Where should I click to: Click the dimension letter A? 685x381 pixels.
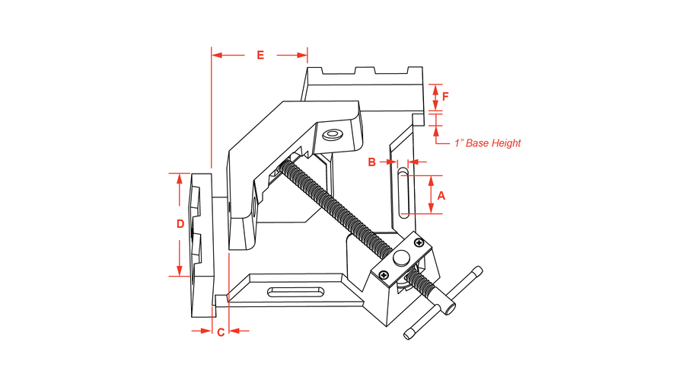click(x=442, y=195)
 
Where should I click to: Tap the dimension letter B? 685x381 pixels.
click(x=372, y=162)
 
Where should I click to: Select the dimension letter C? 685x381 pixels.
click(x=220, y=331)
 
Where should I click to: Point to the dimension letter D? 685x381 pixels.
click(x=180, y=224)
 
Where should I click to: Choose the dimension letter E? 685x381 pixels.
click(x=260, y=55)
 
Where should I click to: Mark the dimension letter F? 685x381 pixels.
click(x=446, y=97)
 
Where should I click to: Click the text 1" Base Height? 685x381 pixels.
click(x=487, y=142)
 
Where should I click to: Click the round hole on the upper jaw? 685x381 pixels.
click(x=332, y=135)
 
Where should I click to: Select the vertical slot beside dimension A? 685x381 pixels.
click(x=402, y=194)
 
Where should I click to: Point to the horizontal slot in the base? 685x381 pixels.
click(x=295, y=290)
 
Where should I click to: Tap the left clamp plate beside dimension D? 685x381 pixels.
click(x=199, y=244)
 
